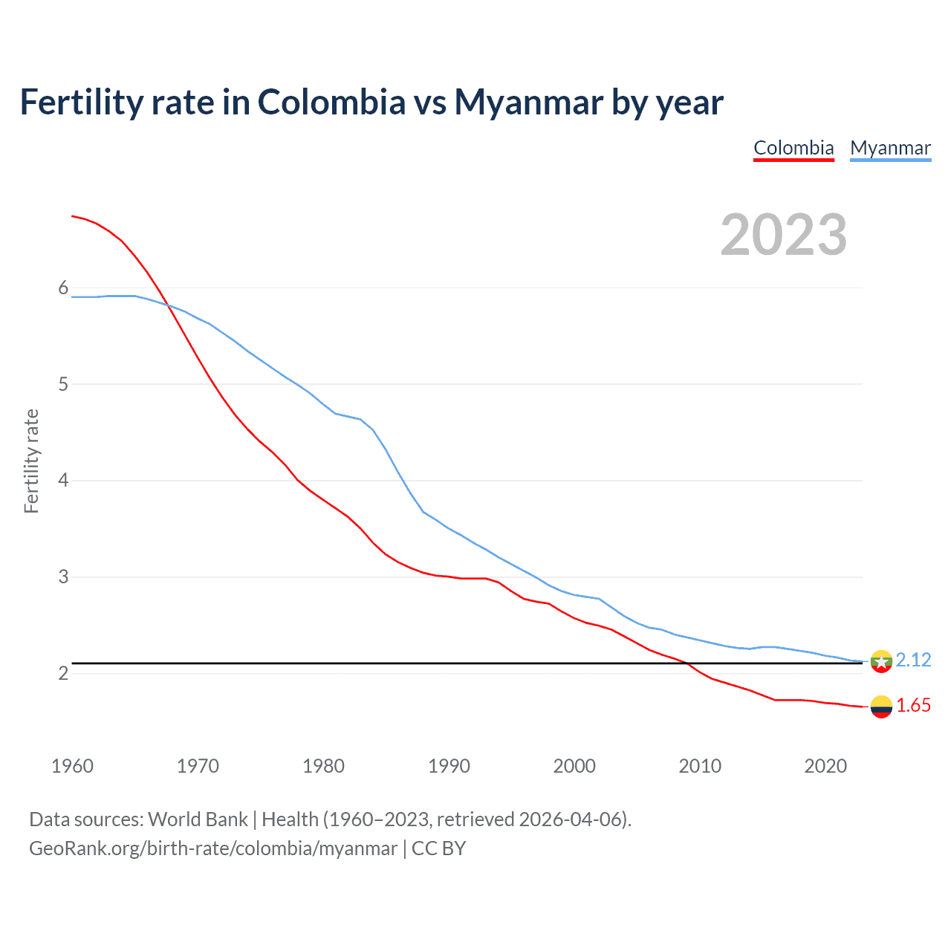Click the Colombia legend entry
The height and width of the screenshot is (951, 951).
point(793,148)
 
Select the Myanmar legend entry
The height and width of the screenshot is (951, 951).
point(890,148)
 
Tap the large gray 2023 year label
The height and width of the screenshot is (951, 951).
point(783,235)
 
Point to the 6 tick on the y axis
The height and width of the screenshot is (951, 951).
point(63,288)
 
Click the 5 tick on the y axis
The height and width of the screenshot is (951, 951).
point(63,384)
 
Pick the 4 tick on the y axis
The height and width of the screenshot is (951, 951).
point(63,481)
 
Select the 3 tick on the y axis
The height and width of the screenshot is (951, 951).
point(63,577)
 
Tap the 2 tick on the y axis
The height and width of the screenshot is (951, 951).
point(63,673)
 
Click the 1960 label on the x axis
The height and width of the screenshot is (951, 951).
point(72,766)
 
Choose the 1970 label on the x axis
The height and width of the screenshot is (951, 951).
point(198,766)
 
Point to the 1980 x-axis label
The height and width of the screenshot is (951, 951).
point(323,766)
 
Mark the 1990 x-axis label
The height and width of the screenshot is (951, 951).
point(449,766)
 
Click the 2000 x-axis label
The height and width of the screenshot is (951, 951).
point(574,766)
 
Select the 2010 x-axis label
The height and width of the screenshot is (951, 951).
point(700,766)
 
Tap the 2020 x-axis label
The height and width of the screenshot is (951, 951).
point(825,766)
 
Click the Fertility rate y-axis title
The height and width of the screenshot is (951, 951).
point(31,461)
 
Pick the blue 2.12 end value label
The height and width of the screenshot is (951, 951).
point(913,660)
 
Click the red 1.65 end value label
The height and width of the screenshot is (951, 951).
point(913,705)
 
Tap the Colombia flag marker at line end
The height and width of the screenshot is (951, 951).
point(881,707)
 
